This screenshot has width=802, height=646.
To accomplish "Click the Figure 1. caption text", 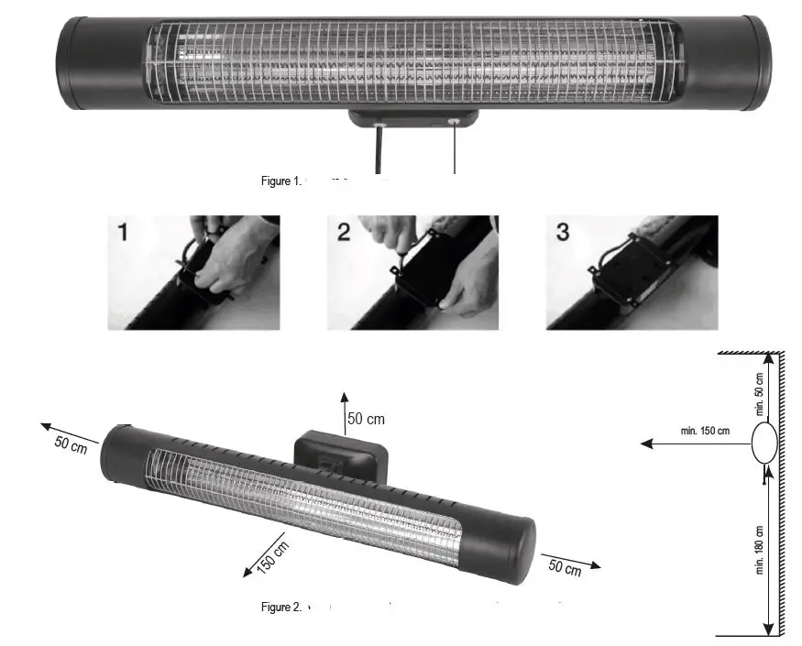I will (x=280, y=181).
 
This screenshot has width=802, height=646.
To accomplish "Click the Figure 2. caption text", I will (x=280, y=607).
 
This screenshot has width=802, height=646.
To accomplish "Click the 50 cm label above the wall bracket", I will (x=366, y=420).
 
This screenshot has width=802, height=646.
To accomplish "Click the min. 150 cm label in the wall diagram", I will (x=705, y=431).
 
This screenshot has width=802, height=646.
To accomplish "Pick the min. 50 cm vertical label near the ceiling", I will (x=760, y=395).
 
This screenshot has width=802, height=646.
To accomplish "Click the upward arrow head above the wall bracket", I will (x=345, y=395).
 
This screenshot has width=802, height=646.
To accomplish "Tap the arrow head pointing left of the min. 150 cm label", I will (x=646, y=443).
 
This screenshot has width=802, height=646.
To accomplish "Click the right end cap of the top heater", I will (x=742, y=62).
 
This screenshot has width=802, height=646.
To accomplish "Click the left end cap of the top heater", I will (x=96, y=62).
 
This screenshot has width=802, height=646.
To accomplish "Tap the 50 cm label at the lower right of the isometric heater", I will (x=565, y=568).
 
